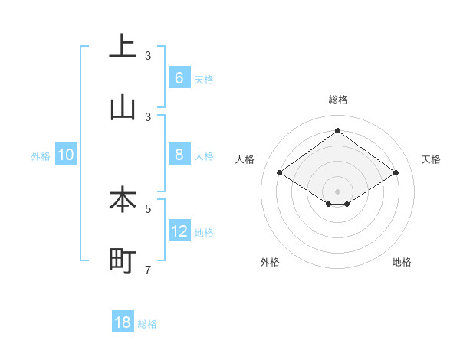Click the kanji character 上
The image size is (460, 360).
coord(122,46)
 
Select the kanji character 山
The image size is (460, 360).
coord(122,107)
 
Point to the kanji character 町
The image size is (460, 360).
coord(122,260)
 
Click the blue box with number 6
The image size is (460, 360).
coord(179,78)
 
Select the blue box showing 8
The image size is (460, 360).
coord(179,155)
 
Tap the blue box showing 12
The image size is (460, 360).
coord(179,231)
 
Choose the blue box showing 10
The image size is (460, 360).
coord(66,155)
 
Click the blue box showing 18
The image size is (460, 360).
coord(123,322)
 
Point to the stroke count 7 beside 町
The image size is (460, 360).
coord(148,270)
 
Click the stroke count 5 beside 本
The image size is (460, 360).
coord(148,208)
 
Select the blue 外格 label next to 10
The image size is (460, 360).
coord(41,155)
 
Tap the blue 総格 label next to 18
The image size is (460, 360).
coord(147,324)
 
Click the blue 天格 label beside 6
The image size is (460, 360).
coord(204,80)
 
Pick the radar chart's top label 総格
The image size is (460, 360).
coord(337,100)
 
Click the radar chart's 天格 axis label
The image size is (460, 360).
coord(431,159)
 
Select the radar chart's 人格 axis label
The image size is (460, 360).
coord(245,159)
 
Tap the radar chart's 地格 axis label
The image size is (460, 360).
coord(402,262)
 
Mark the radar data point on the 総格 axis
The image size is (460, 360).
coord(337,130)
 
